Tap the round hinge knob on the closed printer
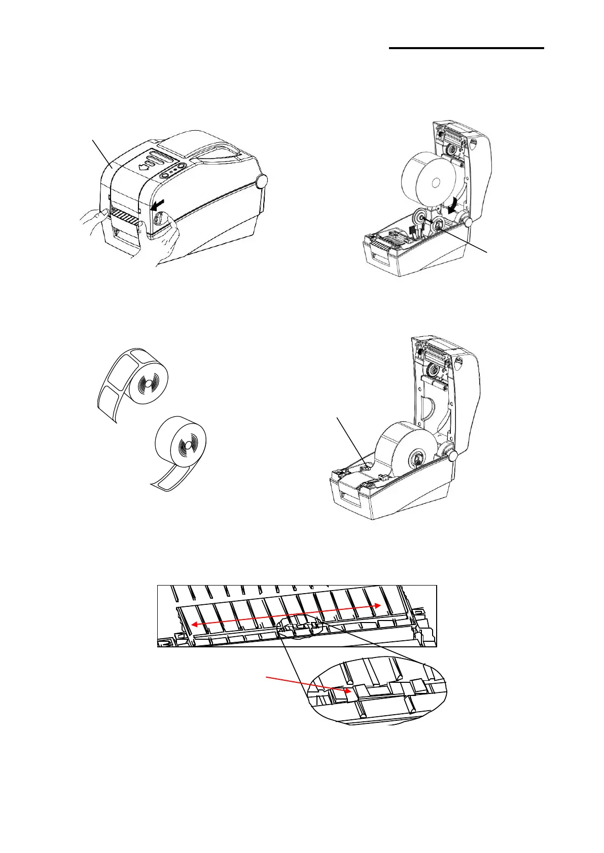pos(262,181)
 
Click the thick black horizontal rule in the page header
pos(466,49)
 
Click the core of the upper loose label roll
pos(146,384)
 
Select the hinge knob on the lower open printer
pos(453,456)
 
